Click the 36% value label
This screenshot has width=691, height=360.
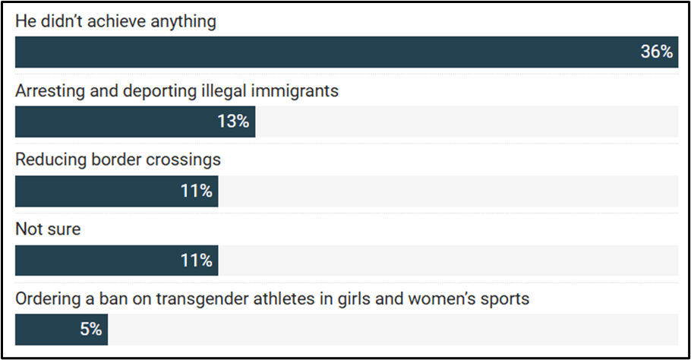(656, 52)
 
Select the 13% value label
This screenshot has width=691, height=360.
(233, 122)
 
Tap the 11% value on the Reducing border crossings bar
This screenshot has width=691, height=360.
(196, 191)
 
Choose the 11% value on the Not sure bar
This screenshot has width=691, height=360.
(196, 261)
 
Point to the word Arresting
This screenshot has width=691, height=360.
(48, 91)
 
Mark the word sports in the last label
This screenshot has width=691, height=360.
(504, 299)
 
